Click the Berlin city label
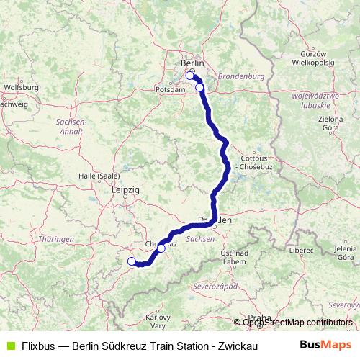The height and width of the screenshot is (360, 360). pos(193,63)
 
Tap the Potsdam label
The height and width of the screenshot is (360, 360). pos(168,89)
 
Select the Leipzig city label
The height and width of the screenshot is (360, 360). pos(125,189)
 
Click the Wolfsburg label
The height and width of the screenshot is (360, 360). pos(21,87)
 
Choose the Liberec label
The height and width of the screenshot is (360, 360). pos(302,250)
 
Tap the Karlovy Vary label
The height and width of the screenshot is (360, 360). pos(157,320)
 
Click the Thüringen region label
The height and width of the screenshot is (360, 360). pos(57,238)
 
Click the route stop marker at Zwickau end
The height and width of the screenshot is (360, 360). pos(132,262)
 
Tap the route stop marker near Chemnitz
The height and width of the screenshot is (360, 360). pos(161,248)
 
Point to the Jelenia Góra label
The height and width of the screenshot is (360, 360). pos(344,253)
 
